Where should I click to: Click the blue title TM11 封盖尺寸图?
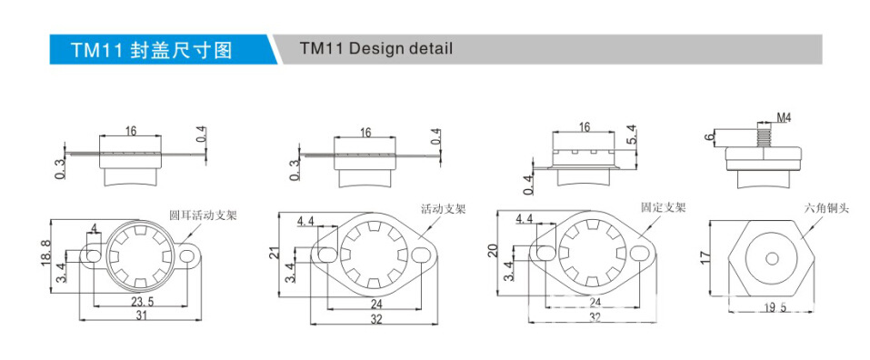pyautogui.click(x=152, y=49)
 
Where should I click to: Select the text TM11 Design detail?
pyautogui.click(x=375, y=48)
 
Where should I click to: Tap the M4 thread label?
pyautogui.click(x=783, y=118)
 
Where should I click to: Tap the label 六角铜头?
pyautogui.click(x=825, y=208)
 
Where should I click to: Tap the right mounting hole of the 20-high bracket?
pyautogui.click(x=643, y=254)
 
